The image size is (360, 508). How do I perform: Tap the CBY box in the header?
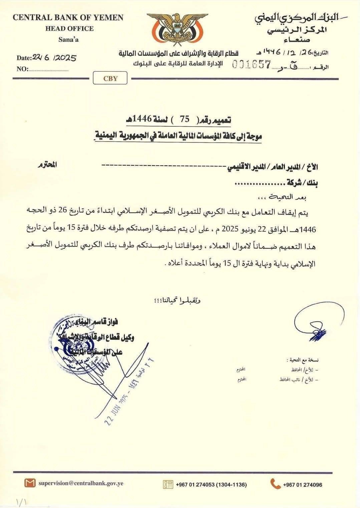(110, 79)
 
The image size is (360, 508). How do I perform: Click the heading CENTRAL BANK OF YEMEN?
(68, 18)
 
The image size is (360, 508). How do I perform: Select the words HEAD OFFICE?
(69, 29)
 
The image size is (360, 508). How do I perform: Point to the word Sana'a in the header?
(68, 40)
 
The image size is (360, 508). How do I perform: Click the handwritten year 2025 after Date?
(65, 58)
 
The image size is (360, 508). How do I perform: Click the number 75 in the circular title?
(185, 119)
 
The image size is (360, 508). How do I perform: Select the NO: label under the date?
(22, 69)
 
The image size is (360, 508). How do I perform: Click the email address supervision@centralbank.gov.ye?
(81, 483)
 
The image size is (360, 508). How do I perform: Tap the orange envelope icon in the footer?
(30, 483)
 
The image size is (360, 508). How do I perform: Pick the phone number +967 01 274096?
(302, 485)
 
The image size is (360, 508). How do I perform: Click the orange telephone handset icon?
(275, 484)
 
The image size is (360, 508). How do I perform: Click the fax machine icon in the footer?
(168, 484)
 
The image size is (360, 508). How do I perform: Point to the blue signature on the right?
(317, 324)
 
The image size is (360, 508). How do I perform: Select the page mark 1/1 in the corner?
(20, 501)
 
